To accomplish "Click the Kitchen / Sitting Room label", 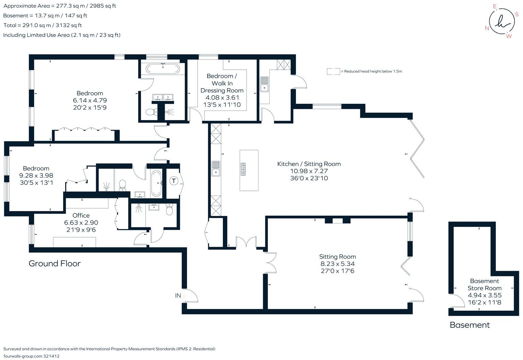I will [309, 164].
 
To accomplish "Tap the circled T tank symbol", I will [174, 181].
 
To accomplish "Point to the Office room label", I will [81, 215].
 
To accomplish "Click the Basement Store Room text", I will [484, 284].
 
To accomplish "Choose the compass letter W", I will [509, 36].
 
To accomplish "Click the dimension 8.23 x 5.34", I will [337, 264].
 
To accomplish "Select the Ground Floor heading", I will [54, 263].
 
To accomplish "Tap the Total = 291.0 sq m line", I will [43, 25].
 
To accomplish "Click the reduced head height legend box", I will [333, 71].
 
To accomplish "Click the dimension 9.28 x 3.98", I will [36, 176].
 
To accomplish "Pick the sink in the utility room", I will [264, 84].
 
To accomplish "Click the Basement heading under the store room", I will [469, 325].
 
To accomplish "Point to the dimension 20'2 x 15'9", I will [90, 108].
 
